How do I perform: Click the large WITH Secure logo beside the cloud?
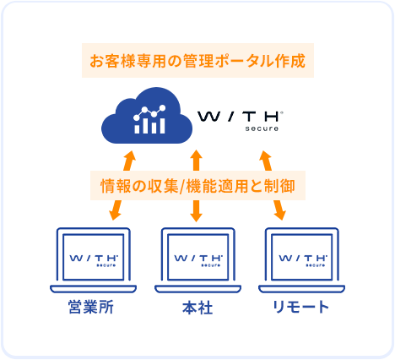240,121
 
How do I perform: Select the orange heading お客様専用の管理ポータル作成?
197,61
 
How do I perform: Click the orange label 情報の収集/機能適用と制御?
197,186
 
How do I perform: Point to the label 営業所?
91,307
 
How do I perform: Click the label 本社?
197,308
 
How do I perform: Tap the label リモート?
300,307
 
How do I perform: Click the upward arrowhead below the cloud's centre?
197,155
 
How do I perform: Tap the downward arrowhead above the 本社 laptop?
197,216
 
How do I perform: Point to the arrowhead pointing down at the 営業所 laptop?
115,215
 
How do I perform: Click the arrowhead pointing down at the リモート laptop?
279,215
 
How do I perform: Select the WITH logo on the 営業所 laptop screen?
94,260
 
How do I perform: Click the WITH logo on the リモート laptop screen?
303,260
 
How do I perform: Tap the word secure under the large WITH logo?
262,128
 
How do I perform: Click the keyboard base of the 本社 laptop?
197,289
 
